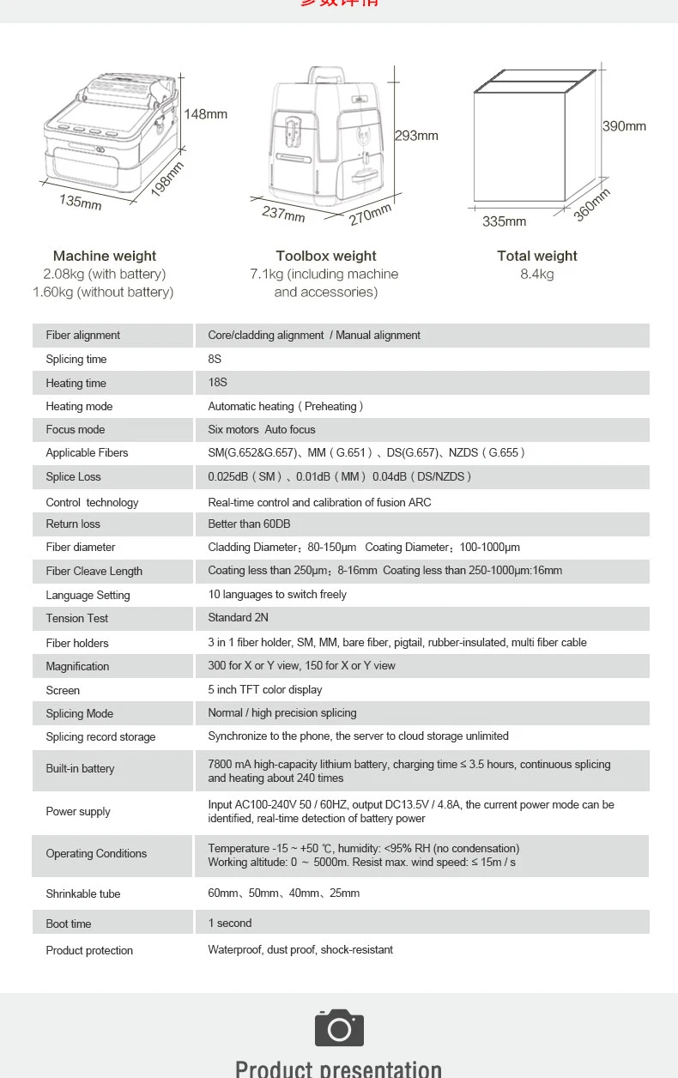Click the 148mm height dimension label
[x=206, y=114]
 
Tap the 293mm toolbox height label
[x=416, y=136]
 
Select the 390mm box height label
[x=624, y=126]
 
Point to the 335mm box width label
[x=504, y=221]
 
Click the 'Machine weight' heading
[x=105, y=256]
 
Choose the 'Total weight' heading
[x=537, y=256]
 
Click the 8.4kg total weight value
[x=537, y=275]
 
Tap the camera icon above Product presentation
[x=339, y=1027]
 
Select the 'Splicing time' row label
[x=76, y=360]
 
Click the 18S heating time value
[x=218, y=383]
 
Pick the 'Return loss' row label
[x=73, y=524]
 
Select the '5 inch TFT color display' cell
[x=265, y=690]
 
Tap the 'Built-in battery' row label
[x=80, y=769]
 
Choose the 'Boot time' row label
[x=69, y=924]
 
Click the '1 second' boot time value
[x=230, y=924]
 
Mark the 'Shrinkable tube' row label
[x=83, y=894]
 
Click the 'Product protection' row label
[x=89, y=951]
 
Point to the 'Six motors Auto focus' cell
[x=262, y=430]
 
